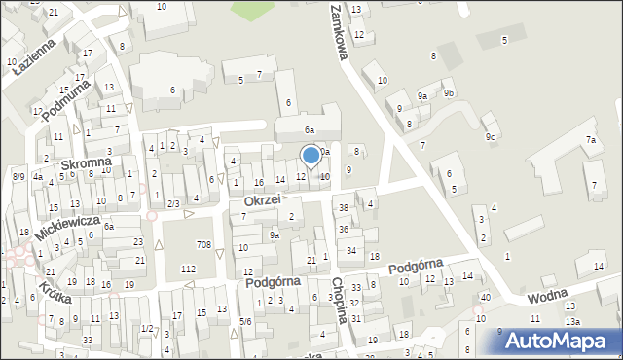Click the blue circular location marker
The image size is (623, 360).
pyautogui.click(x=311, y=154)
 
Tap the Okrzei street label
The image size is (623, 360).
pyautogui.click(x=263, y=199)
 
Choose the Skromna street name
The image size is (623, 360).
pyautogui.click(x=83, y=165)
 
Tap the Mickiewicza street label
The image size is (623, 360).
pyautogui.click(x=68, y=228)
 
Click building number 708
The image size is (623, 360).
pyautogui.click(x=203, y=243)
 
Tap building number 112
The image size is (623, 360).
pyautogui.click(x=189, y=268)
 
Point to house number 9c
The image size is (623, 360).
pyautogui.click(x=491, y=136)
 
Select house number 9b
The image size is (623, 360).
pyautogui.click(x=449, y=93)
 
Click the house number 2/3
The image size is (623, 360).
pyautogui.click(x=172, y=203)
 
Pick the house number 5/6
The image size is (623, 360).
pyautogui.click(x=246, y=321)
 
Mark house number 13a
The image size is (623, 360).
pyautogui.click(x=572, y=321)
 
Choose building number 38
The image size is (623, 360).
pyautogui.click(x=343, y=208)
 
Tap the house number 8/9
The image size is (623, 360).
pyautogui.click(x=18, y=176)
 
